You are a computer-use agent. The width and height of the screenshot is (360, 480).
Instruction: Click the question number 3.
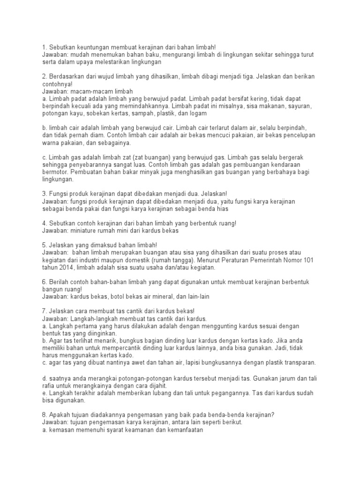pyautogui.click(x=45, y=194)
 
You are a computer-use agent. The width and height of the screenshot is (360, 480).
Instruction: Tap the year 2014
pyautogui.click(x=68, y=268)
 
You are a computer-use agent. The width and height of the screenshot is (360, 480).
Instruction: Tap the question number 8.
pyautogui.click(x=45, y=414)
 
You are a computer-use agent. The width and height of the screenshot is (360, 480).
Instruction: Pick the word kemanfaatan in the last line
pyautogui.click(x=179, y=429)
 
